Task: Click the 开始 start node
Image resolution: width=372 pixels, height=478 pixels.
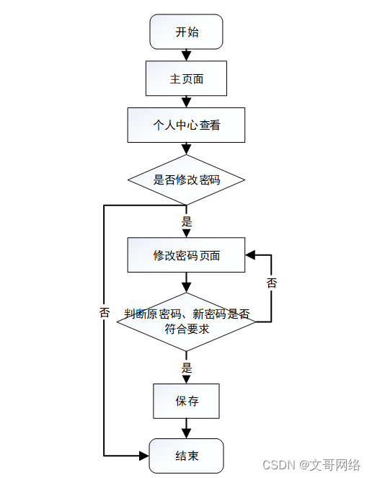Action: tap(186, 32)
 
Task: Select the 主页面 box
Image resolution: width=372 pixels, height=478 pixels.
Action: tap(186, 79)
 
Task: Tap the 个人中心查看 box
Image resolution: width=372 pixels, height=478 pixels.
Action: tap(186, 125)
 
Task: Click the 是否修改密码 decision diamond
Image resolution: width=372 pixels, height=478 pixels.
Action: tap(186, 180)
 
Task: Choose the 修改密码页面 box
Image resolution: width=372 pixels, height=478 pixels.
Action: tap(186, 255)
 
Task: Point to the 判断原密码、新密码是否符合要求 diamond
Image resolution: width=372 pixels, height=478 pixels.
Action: tap(186, 322)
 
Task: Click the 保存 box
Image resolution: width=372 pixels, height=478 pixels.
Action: tap(186, 401)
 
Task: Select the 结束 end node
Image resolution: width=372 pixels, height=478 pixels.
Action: tap(186, 456)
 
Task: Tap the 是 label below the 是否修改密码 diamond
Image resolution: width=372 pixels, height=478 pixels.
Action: tap(187, 221)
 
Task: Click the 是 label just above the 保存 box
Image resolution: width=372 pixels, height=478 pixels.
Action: tap(187, 368)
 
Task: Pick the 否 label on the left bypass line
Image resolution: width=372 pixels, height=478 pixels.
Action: tap(105, 313)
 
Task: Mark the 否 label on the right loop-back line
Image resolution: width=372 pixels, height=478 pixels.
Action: tap(272, 283)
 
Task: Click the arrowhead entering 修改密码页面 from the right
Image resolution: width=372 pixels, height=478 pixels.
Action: tap(249, 255)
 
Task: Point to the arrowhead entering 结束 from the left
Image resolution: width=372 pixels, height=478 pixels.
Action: tap(144, 456)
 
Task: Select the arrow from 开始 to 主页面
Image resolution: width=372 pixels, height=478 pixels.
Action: tap(186, 55)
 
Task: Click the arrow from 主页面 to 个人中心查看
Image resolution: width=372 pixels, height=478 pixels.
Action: tap(186, 102)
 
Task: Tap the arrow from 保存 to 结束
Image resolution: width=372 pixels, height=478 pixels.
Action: tap(186, 428)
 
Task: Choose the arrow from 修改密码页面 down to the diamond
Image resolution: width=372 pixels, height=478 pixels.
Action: tap(186, 283)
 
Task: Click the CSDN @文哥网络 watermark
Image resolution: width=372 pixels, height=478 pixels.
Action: tap(311, 465)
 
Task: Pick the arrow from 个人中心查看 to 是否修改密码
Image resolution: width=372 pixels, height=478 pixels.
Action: tap(186, 149)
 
